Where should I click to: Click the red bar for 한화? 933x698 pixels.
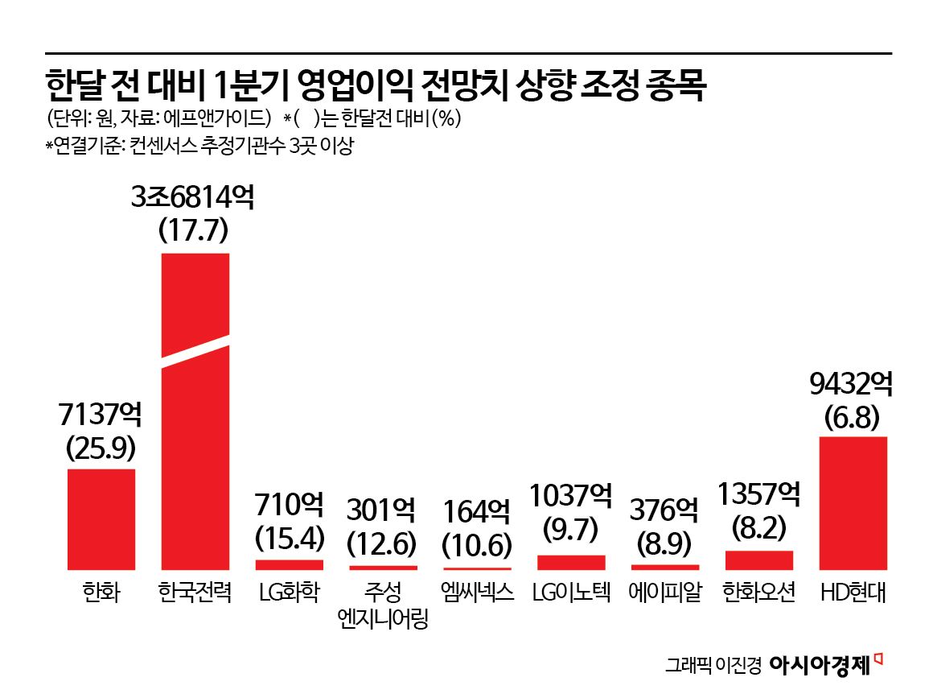pyautogui.click(x=101, y=518)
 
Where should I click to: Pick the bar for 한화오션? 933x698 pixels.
pyautogui.click(x=758, y=560)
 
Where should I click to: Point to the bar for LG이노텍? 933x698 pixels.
pyautogui.click(x=571, y=562)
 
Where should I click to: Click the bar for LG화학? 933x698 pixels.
pyautogui.click(x=290, y=564)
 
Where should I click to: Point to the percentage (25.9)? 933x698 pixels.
pyautogui.click(x=101, y=448)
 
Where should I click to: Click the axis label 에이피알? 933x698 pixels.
pyautogui.click(x=664, y=593)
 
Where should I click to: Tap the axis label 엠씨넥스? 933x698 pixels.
pyautogui.click(x=477, y=593)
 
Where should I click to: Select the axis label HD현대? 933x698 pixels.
pyautogui.click(x=853, y=593)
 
